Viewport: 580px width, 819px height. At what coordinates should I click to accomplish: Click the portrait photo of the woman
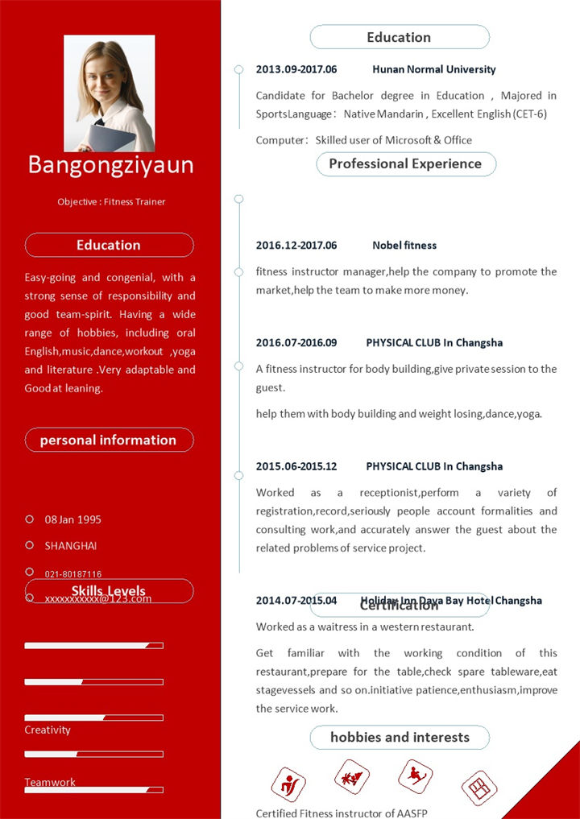110,93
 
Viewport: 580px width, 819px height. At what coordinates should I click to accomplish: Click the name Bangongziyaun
110,164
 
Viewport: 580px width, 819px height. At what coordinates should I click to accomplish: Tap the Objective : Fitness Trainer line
111,201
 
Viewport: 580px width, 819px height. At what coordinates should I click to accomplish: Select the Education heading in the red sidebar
109,245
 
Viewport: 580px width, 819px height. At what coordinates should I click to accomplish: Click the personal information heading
109,440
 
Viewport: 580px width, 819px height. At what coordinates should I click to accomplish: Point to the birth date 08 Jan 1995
73,519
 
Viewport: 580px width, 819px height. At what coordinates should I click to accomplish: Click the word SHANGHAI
71,546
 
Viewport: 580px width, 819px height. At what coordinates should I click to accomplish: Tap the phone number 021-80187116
73,574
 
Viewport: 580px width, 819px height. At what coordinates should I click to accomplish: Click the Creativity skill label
48,730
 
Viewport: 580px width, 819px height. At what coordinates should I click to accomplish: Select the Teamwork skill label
50,782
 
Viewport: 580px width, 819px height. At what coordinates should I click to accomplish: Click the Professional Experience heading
405,163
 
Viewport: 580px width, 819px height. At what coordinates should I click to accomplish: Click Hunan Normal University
434,69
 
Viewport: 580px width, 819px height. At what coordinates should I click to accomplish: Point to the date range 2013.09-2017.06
296,69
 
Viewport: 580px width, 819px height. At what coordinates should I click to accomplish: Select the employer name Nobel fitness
404,245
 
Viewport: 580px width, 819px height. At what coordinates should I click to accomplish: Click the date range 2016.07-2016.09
296,342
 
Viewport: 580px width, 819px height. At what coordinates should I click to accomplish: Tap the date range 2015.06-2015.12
296,466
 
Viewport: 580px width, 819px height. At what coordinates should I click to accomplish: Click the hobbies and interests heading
400,737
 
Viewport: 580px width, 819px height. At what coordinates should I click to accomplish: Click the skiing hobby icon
416,776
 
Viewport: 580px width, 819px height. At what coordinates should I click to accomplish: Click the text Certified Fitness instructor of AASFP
342,813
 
